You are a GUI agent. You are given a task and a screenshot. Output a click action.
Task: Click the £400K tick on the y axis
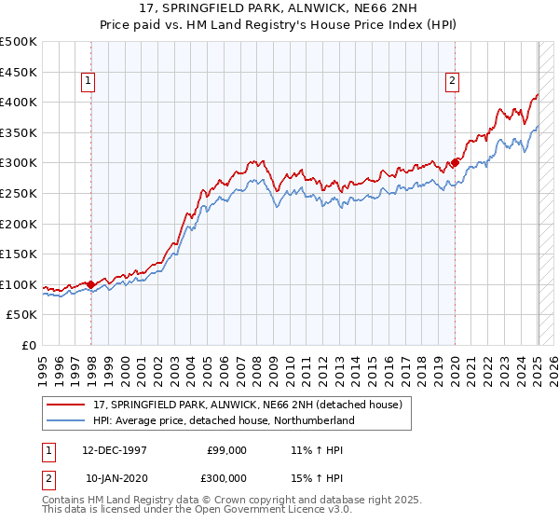click(19, 102)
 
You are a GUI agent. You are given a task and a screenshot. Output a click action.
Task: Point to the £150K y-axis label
click(19, 254)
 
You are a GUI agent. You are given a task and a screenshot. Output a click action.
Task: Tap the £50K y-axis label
click(22, 315)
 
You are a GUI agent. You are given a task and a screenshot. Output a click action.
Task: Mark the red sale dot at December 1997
click(91, 284)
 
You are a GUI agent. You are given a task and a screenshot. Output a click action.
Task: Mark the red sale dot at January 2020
click(455, 162)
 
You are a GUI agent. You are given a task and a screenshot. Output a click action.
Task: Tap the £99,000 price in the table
click(226, 450)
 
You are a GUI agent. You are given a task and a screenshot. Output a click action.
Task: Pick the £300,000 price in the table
click(226, 476)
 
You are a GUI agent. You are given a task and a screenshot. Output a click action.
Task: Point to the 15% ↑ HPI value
click(319, 476)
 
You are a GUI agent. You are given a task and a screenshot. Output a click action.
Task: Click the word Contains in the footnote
click(64, 501)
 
